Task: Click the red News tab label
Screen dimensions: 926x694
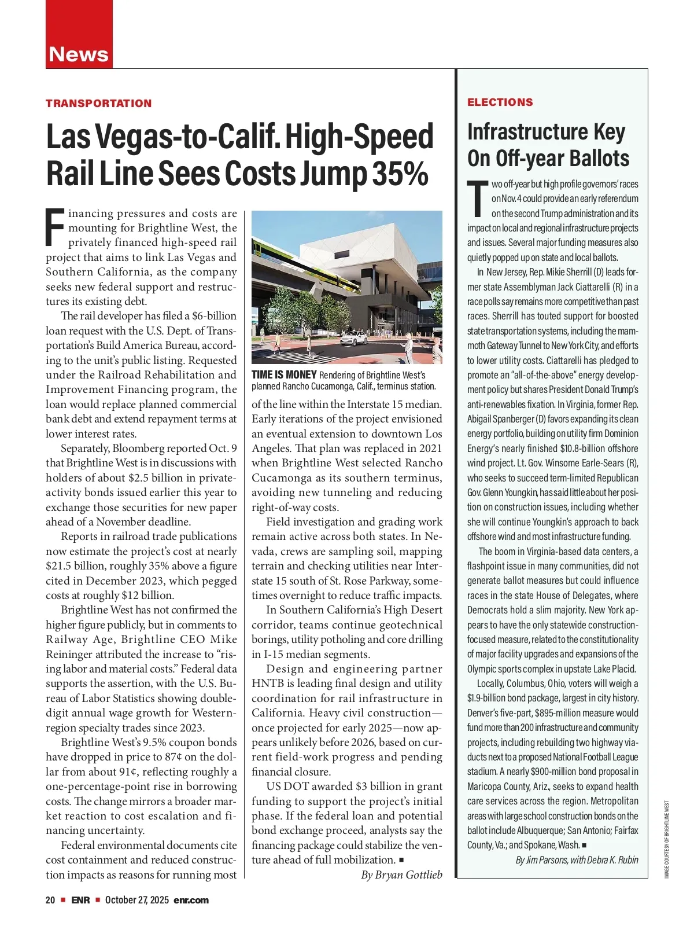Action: tap(79, 54)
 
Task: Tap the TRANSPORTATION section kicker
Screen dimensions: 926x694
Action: tap(99, 104)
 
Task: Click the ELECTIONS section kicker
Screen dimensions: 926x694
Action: tap(500, 102)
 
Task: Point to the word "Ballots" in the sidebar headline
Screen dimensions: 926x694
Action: tap(598, 158)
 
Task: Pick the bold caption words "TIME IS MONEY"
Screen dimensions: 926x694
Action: tap(284, 375)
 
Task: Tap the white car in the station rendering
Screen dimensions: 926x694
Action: tap(354, 338)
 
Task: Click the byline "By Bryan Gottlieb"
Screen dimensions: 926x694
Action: tap(401, 874)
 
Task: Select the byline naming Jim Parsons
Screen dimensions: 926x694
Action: tap(577, 860)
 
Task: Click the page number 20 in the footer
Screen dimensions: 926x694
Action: tap(51, 900)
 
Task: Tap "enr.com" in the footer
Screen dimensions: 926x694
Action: tap(191, 900)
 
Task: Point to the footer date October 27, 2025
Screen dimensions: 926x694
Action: tap(136, 900)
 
